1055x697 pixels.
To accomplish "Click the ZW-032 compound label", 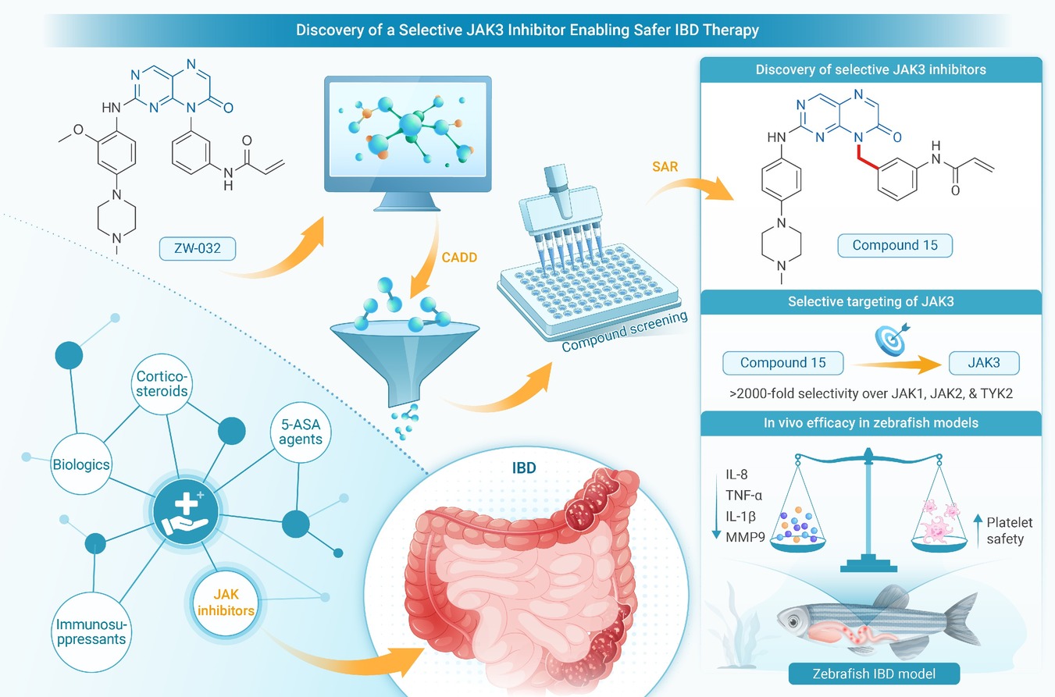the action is (198, 248).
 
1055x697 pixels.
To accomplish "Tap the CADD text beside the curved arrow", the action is (459, 258).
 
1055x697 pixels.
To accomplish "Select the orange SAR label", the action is (665, 166).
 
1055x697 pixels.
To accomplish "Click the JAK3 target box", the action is (984, 363).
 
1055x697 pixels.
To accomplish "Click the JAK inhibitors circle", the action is (226, 603).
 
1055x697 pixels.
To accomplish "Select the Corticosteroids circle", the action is (162, 384).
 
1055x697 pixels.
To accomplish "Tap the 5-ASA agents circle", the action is (301, 432).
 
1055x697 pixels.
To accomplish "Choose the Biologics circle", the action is (81, 464).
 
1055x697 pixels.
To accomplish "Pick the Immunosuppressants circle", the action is (91, 631).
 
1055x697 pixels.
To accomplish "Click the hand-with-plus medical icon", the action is (186, 511).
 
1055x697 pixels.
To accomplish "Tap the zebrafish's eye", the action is (793, 622).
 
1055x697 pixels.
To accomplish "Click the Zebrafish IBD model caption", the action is (874, 674).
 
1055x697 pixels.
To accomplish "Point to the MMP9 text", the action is (745, 537).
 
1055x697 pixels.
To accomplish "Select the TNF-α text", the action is (743, 495).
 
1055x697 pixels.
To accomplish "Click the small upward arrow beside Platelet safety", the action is (978, 531).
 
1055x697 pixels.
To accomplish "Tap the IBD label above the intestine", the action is (524, 468).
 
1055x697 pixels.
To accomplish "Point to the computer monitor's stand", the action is (406, 201).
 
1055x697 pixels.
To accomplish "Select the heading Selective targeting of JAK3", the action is (871, 301).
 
